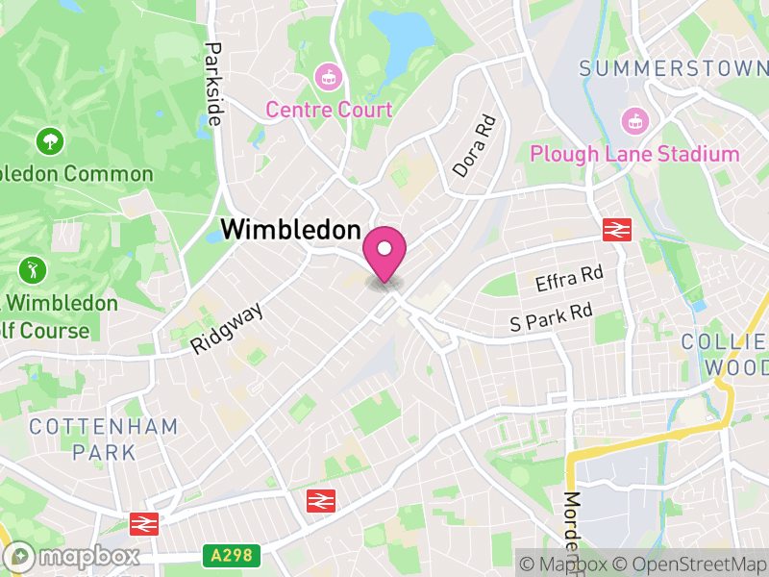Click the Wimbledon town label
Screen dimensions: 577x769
(x=290, y=231)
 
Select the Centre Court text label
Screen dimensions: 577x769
(x=329, y=110)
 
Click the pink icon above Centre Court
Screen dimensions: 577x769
(x=329, y=74)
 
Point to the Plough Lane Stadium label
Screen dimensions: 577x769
(x=634, y=154)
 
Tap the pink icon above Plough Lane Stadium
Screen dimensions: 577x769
(x=634, y=119)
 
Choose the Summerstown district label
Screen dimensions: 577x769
(x=674, y=68)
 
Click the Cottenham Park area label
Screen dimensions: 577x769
(x=103, y=438)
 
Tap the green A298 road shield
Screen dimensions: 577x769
(x=231, y=555)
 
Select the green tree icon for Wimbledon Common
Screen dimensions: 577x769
(x=49, y=142)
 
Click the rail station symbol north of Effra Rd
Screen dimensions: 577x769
(x=616, y=229)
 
